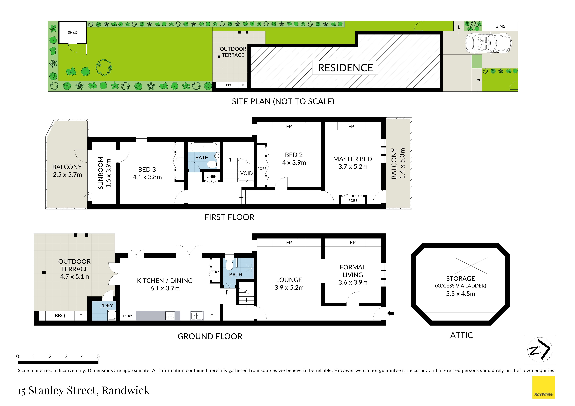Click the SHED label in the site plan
(73, 33)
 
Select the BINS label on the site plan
(500, 26)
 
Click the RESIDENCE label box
(345, 68)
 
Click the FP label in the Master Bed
(351, 127)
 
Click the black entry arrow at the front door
(391, 313)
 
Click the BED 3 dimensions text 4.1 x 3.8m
(147, 177)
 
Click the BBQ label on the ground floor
(60, 316)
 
